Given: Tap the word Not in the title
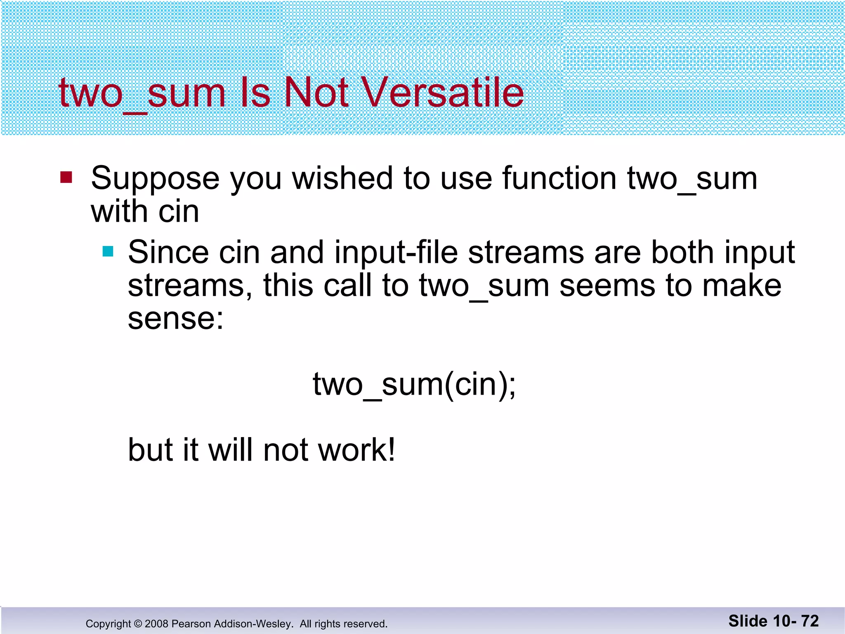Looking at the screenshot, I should (316, 92).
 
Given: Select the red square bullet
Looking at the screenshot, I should (66, 177).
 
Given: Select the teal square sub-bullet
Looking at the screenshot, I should (108, 251).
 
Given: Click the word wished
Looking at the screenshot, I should (342, 178).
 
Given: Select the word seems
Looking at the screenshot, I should (607, 286).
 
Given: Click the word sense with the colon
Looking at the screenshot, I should (175, 319).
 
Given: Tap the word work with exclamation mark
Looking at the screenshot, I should (357, 450).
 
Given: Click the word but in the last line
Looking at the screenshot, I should (150, 450).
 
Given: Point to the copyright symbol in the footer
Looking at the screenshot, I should (138, 624).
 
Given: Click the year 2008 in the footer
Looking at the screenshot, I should (157, 624).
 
